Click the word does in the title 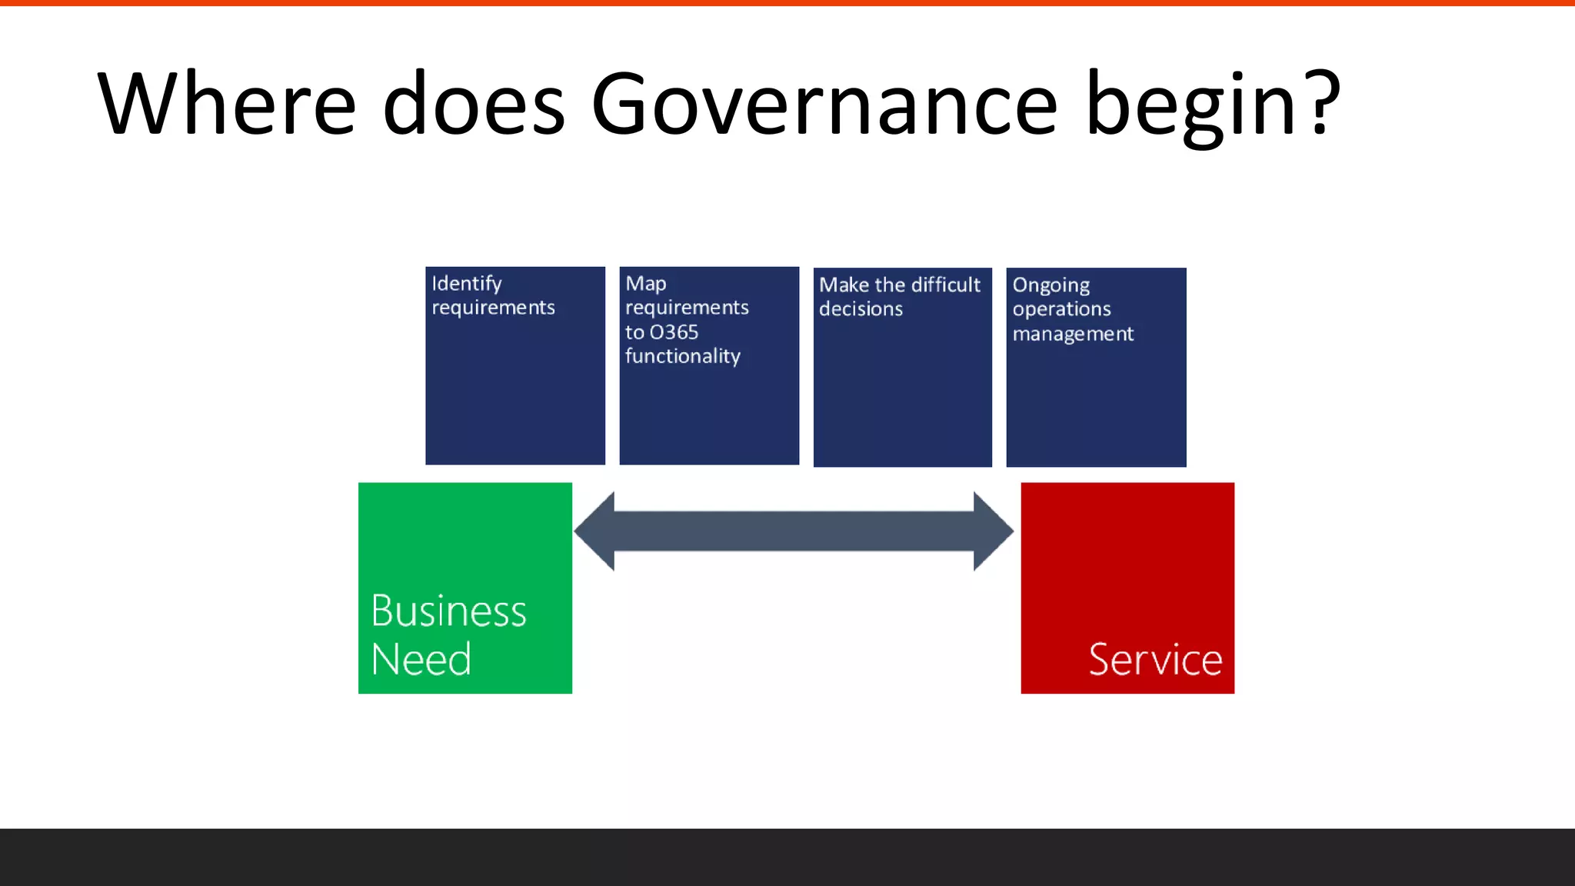click(x=474, y=104)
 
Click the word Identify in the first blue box click(x=467, y=284)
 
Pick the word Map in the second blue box click(x=646, y=284)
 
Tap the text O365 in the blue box click(x=674, y=332)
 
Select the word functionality click(x=683, y=356)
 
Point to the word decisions click(x=861, y=309)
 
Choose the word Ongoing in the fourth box click(x=1051, y=285)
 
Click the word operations click(x=1061, y=309)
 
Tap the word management click(x=1073, y=334)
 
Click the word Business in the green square click(x=448, y=611)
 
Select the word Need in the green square click(x=421, y=660)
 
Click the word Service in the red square click(x=1155, y=660)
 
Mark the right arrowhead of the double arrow click(x=993, y=531)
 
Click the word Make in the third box click(x=844, y=285)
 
